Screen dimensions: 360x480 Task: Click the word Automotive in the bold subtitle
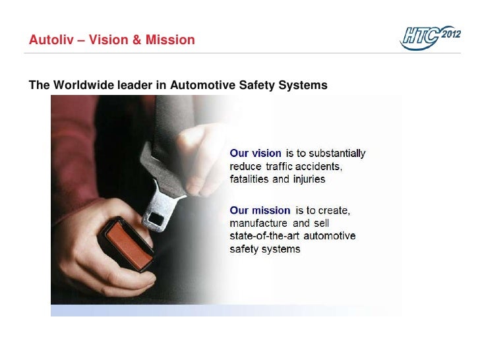[x=201, y=85]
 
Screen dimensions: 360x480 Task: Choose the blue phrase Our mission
[x=260, y=210]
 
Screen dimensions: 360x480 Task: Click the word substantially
[x=335, y=154]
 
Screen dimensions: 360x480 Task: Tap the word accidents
[x=319, y=166]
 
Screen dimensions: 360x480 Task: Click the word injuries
[x=307, y=179]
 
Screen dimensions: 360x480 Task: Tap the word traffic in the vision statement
[x=280, y=166]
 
